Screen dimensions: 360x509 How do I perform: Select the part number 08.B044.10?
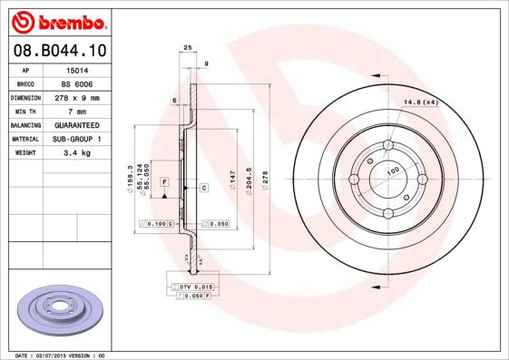56,52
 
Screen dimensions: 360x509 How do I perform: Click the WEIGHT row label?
24,153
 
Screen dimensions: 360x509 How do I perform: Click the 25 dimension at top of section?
188,46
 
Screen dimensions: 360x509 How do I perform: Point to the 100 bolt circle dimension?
393,170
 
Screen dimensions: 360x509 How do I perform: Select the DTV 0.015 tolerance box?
194,286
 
